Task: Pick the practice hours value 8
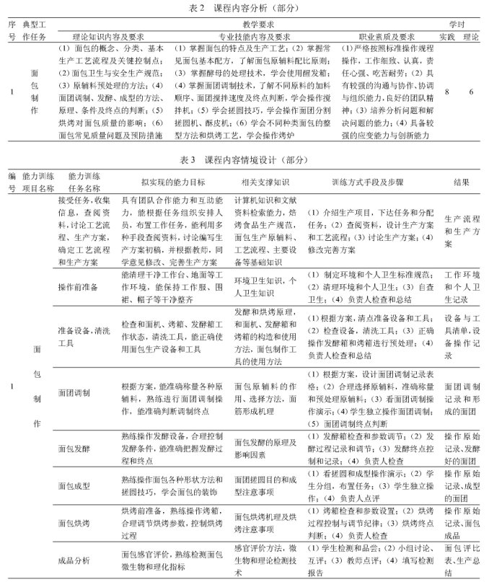pyautogui.click(x=447, y=92)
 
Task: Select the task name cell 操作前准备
pyautogui.click(x=77, y=286)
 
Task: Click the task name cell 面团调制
pyautogui.click(x=73, y=392)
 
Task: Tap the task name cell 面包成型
pyautogui.click(x=73, y=487)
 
